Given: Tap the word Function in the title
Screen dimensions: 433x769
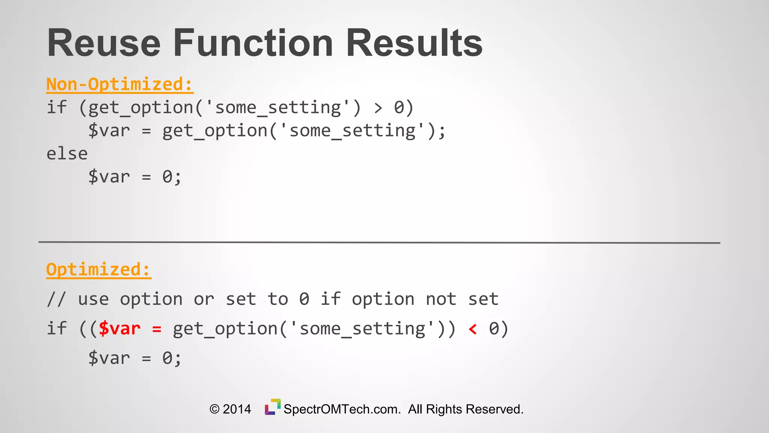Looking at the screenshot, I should click(x=253, y=43).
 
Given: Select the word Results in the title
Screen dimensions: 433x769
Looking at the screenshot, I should click(x=414, y=43).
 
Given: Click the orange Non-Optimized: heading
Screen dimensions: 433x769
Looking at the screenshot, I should click(x=119, y=84).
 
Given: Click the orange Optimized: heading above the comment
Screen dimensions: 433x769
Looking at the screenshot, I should click(x=98, y=269).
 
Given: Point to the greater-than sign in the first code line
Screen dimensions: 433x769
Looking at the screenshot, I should click(x=378, y=108).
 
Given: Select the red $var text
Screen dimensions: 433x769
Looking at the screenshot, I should click(x=119, y=329).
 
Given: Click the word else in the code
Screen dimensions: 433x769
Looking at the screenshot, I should click(x=67, y=154).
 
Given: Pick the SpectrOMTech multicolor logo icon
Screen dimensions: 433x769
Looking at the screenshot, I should click(x=273, y=407).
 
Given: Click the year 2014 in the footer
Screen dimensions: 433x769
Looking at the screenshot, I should click(x=237, y=409).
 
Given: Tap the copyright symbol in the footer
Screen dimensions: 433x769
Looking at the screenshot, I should click(x=214, y=409).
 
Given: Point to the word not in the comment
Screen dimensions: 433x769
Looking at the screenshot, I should click(x=441, y=300).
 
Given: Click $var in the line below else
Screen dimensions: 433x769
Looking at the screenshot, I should click(x=109, y=177).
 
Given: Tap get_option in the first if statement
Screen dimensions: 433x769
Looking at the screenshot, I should click(x=141, y=108).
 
